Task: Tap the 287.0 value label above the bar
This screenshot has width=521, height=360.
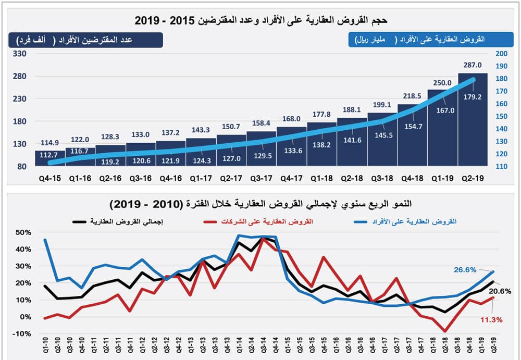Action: point(473,65)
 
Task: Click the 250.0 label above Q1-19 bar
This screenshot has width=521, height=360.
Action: point(442,82)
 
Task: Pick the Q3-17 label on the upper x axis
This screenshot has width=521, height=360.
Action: point(261,178)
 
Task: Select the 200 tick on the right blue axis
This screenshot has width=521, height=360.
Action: point(501,54)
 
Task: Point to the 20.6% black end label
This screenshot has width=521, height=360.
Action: point(500,291)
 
